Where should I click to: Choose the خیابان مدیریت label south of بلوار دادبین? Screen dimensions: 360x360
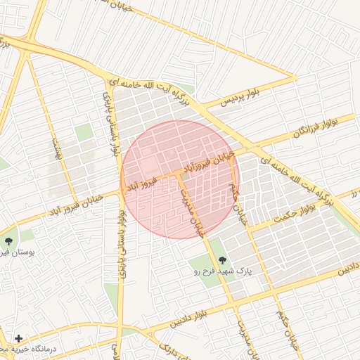pyautogui.click(x=241, y=337)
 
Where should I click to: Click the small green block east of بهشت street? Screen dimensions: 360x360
pyautogui.click(x=84, y=132)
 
